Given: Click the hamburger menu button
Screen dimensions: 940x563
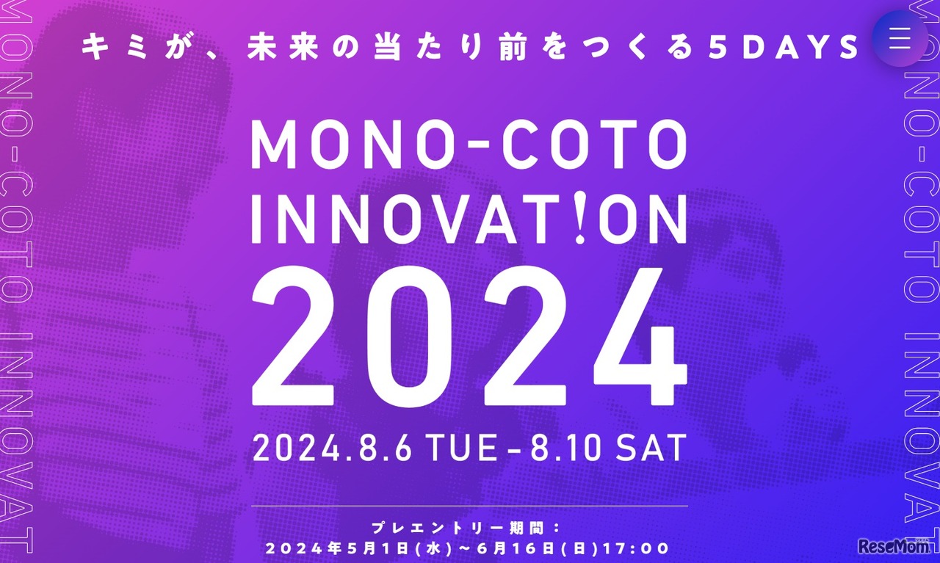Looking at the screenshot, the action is (x=900, y=38).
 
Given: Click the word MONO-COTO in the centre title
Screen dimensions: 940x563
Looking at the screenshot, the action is (x=469, y=145).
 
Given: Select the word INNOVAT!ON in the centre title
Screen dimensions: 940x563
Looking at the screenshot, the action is (x=469, y=219).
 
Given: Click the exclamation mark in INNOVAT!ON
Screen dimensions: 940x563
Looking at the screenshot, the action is (x=580, y=219).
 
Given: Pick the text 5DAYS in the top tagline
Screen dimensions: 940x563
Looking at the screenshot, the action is (x=784, y=47).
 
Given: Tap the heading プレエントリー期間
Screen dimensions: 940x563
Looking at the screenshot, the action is (x=458, y=529).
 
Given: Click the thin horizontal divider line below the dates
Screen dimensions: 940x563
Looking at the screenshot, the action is (x=469, y=506).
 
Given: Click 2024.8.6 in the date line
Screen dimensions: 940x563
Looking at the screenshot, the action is (x=332, y=448).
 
